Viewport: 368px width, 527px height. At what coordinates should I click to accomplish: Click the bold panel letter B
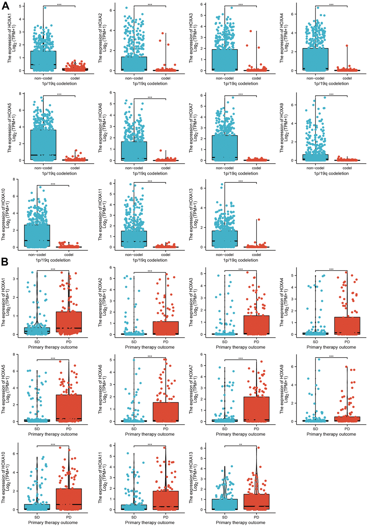[x=5, y=262]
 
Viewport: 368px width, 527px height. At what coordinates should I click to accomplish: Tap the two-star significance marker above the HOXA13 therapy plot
[x=241, y=445]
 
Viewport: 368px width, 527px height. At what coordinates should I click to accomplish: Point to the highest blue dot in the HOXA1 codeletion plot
[x=45, y=8]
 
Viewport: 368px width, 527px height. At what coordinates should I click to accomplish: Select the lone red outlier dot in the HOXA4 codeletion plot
[x=347, y=46]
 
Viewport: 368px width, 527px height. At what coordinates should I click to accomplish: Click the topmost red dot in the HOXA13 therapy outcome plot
[x=258, y=448]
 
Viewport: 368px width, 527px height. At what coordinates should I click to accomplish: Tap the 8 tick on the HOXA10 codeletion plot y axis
[x=13, y=179]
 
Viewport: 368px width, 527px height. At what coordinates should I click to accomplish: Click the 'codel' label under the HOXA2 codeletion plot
[x=166, y=78]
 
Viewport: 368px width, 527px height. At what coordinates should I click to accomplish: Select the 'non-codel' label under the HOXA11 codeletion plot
[x=134, y=255]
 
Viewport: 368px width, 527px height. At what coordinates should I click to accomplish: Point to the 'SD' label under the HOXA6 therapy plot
[x=134, y=429]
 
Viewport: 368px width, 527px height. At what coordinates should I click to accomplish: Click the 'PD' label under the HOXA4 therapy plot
[x=347, y=342]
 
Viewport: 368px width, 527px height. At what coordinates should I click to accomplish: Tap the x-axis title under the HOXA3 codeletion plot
[x=241, y=84]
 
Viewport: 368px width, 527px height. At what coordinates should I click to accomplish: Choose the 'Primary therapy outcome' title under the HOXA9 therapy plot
[x=331, y=434]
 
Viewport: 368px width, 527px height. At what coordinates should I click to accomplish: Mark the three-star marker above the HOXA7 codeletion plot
[x=241, y=95]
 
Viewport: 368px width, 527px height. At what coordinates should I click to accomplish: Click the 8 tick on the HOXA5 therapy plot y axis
[x=13, y=354]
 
